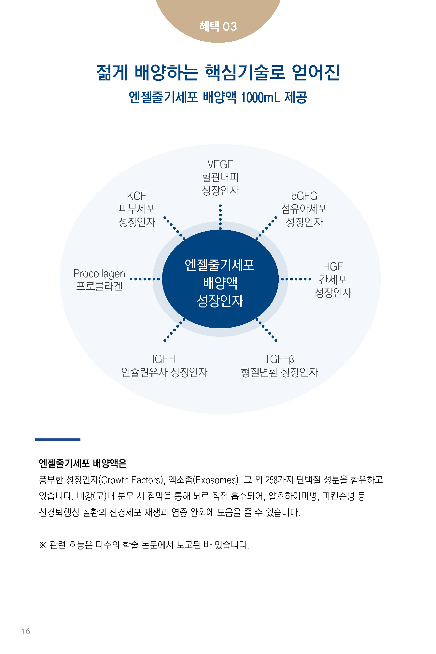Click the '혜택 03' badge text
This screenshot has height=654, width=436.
coord(218,26)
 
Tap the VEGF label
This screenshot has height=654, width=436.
coord(220,164)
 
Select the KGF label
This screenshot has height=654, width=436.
coord(136,196)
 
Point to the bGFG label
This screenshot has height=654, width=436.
coord(304,196)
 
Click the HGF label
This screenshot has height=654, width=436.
coord(332,267)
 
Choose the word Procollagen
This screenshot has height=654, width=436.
coord(99,274)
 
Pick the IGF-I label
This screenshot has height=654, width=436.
coord(164,359)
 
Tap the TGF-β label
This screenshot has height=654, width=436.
coord(279,359)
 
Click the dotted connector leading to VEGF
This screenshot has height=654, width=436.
coord(220,217)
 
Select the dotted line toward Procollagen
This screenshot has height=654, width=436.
coord(145,279)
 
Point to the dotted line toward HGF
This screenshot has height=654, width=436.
coord(296,279)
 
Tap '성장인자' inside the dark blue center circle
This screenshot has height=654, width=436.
coord(220,301)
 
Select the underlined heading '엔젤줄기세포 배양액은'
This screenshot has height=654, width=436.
coord(83,463)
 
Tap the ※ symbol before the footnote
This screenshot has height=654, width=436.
coord(43,545)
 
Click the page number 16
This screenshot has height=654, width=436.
coord(26,631)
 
